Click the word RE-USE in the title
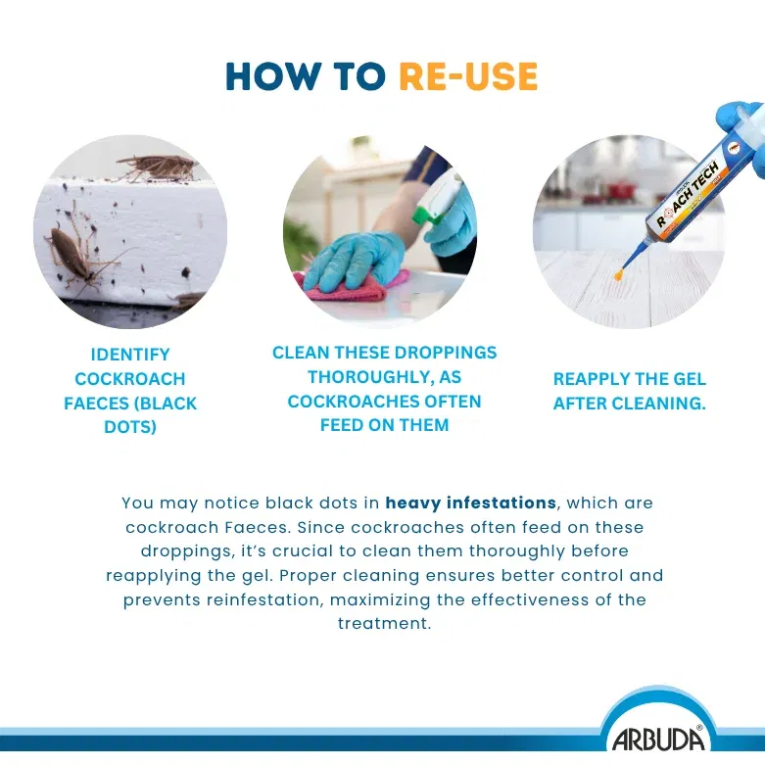[x=468, y=76]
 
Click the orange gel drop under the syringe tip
[x=620, y=277]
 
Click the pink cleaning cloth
[x=357, y=286]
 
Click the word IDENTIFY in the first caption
[x=130, y=355]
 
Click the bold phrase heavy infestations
[x=471, y=502]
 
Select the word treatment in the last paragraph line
[x=384, y=624]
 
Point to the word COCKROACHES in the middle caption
[x=384, y=401]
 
